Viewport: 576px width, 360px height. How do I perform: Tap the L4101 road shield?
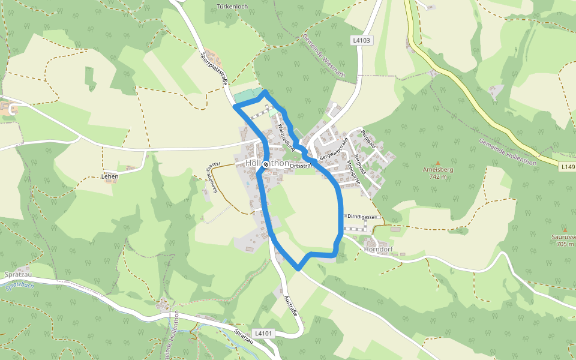pyautogui.click(x=263, y=333)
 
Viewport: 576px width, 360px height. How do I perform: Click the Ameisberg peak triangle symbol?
pyautogui.click(x=438, y=163)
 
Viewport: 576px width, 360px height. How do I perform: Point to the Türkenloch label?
pyautogui.click(x=233, y=6)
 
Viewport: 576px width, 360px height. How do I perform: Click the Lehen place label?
pyautogui.click(x=110, y=176)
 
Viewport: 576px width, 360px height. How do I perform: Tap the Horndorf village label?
pyautogui.click(x=377, y=249)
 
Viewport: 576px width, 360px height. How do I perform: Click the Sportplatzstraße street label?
pyautogui.click(x=214, y=70)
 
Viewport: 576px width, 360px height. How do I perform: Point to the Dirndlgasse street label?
pyautogui.click(x=360, y=217)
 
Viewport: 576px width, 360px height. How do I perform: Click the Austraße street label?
pyautogui.click(x=292, y=305)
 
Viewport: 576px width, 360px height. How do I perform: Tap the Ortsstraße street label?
pyautogui.click(x=301, y=165)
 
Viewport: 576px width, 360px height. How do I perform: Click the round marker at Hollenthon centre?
pyautogui.click(x=265, y=164)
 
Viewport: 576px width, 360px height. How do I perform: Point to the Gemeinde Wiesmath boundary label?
pyautogui.click(x=324, y=55)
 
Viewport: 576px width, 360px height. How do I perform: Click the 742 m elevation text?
pyautogui.click(x=438, y=176)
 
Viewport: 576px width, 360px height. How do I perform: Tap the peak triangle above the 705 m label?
pyautogui.click(x=565, y=230)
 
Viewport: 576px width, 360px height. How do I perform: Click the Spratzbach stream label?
pyautogui.click(x=20, y=286)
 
